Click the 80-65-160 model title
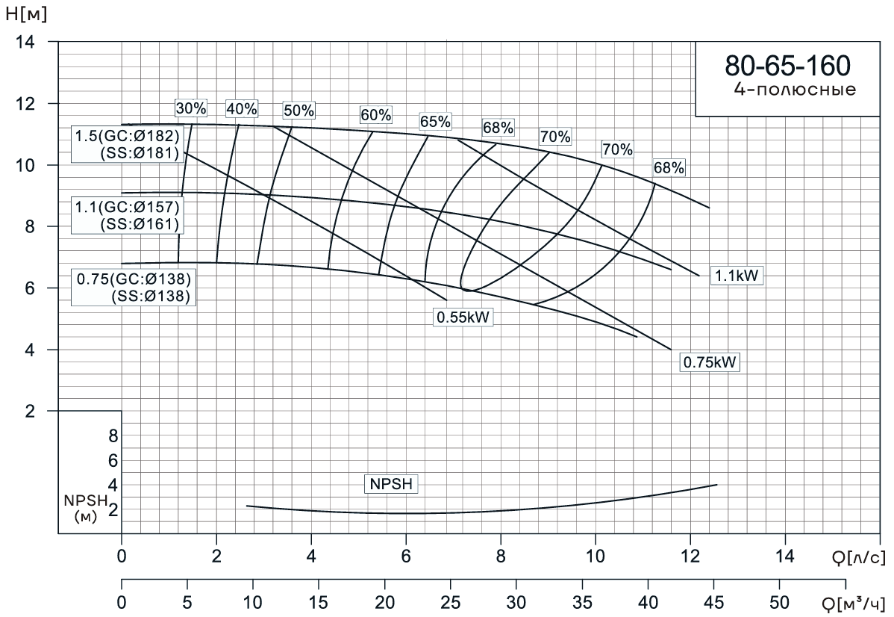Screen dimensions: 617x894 [x=787, y=66]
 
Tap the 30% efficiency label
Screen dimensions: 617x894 [x=190, y=108]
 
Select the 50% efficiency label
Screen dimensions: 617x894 [x=298, y=111]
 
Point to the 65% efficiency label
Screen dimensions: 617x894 [x=435, y=121]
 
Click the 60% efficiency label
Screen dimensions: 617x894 [x=375, y=115]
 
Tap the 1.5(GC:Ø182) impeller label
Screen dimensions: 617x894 [x=127, y=137]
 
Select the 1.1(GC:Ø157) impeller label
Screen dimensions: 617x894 [x=127, y=207]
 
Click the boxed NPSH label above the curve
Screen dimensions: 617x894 [x=390, y=483]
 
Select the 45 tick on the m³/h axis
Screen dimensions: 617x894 [x=713, y=603]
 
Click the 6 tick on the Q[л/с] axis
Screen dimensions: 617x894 [x=406, y=556]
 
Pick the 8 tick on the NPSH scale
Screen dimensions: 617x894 [x=113, y=435]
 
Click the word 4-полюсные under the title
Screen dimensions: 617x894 [x=795, y=90]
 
